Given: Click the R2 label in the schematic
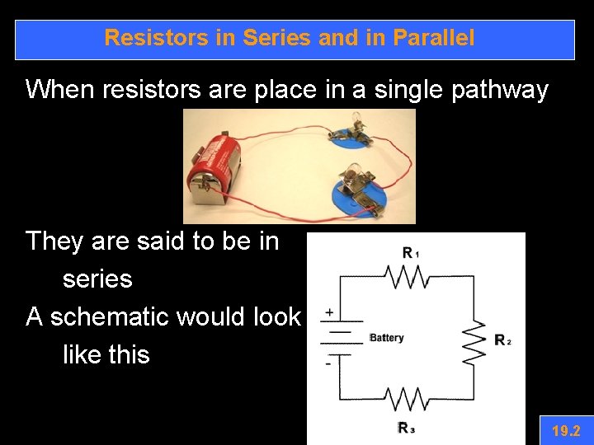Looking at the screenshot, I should pyautogui.click(x=502, y=340).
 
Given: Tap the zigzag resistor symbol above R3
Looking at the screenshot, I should pyautogui.click(x=407, y=400).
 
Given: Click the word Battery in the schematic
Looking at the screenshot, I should pyautogui.click(x=387, y=338).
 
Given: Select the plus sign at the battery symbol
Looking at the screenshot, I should pyautogui.click(x=330, y=313).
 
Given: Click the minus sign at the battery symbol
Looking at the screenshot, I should pyautogui.click(x=328, y=363).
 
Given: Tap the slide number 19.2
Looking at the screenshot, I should pyautogui.click(x=566, y=430).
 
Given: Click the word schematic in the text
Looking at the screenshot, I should pyautogui.click(x=130, y=316).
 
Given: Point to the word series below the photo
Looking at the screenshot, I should pyautogui.click(x=97, y=279).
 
